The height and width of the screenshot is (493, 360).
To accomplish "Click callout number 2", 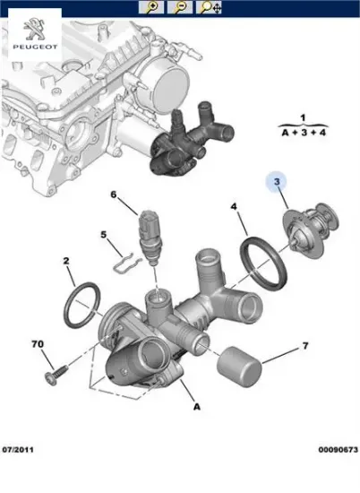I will tap(65, 262).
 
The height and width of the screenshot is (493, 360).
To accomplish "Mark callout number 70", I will tap(39, 344).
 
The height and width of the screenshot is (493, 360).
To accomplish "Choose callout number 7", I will tap(304, 345).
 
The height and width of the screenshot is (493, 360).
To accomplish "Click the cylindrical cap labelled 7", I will tap(242, 365).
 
